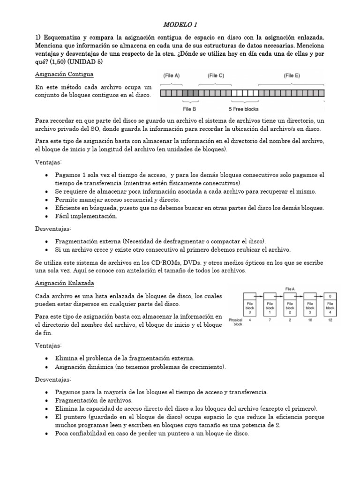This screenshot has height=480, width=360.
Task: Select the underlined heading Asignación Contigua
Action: pos(64,74)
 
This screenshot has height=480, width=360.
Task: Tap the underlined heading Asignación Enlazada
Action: pos(65,283)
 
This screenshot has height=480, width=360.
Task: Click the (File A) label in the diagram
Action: pos(172,75)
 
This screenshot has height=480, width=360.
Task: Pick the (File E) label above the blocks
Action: pos(292,75)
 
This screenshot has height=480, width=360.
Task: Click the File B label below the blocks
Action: pos(190,108)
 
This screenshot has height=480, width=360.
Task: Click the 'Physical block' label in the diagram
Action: pos(235,322)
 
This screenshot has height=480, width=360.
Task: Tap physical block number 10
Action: pos(310,321)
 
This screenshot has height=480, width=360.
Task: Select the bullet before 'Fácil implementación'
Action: pos(47,217)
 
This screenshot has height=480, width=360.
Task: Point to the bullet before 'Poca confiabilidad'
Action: pos(47,434)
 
